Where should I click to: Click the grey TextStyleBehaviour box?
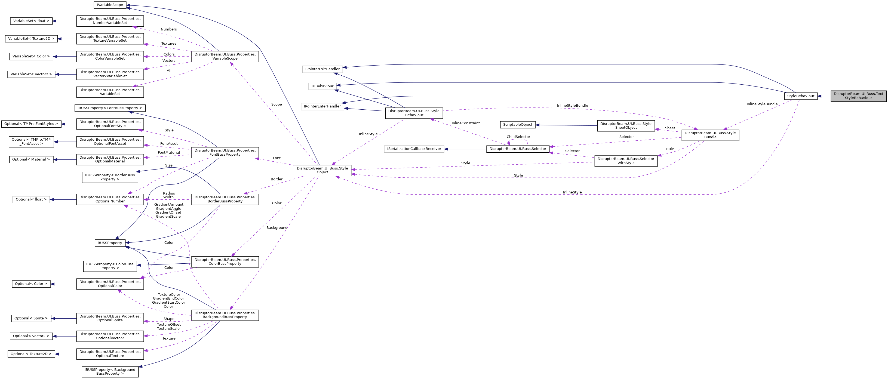point(858,96)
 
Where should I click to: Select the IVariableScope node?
point(110,5)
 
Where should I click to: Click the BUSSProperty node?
point(110,243)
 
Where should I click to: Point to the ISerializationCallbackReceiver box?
point(414,149)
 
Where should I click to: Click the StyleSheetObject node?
point(625,126)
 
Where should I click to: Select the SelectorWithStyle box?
point(625,161)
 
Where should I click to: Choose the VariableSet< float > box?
point(31,21)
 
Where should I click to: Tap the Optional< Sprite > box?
point(31,318)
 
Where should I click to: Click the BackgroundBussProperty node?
point(225,315)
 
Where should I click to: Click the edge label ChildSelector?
point(518,137)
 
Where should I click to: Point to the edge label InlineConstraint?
point(465,123)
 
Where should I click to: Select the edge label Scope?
point(276,104)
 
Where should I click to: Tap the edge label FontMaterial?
point(168,153)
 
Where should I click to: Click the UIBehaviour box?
point(322,86)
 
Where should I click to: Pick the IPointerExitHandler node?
point(322,69)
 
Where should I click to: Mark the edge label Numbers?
point(168,29)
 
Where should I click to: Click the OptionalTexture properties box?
point(110,354)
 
